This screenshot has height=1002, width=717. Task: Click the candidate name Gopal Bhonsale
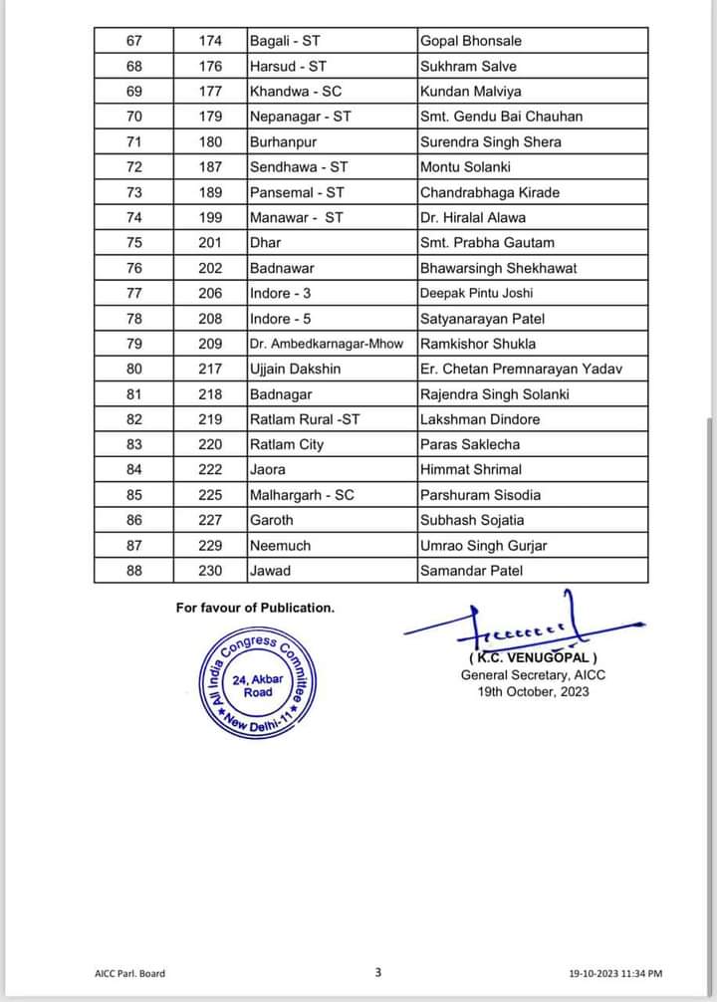coord(471,41)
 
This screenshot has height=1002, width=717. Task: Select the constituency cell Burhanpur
coord(281,141)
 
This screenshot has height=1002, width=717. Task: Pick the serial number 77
coord(134,293)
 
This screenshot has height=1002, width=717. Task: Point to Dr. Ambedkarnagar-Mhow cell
coord(327,344)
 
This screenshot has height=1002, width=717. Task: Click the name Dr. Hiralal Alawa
coord(473,217)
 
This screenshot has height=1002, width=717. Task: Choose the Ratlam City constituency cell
coord(287,444)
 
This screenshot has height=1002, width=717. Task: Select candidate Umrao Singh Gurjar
coord(484,545)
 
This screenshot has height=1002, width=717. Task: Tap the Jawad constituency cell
coord(270,571)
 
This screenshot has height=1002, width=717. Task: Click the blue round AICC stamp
coord(258,684)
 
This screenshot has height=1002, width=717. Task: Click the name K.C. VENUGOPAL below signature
coord(533,658)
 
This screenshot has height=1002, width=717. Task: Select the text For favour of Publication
coord(255,608)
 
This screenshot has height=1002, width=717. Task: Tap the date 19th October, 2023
coord(533,691)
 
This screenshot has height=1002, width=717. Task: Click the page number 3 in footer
coord(378,972)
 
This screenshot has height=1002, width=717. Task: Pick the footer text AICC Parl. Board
coord(123,973)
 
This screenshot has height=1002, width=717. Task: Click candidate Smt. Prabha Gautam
coord(487,242)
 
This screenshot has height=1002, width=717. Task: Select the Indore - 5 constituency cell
coord(281,319)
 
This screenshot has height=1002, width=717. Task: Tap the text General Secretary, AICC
coord(533,675)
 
